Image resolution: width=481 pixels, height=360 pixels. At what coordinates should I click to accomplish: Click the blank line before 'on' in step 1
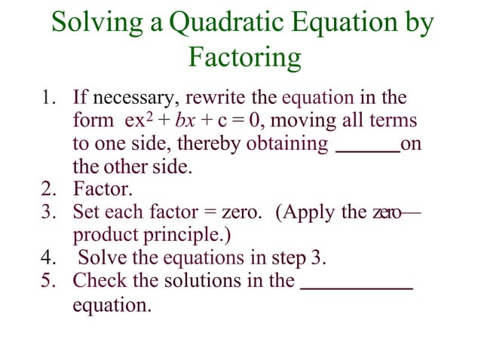tap(366, 152)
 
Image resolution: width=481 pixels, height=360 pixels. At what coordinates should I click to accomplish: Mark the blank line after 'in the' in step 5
tap(357, 288)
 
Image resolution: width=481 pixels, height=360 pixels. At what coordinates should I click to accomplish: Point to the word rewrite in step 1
tap(212, 98)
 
